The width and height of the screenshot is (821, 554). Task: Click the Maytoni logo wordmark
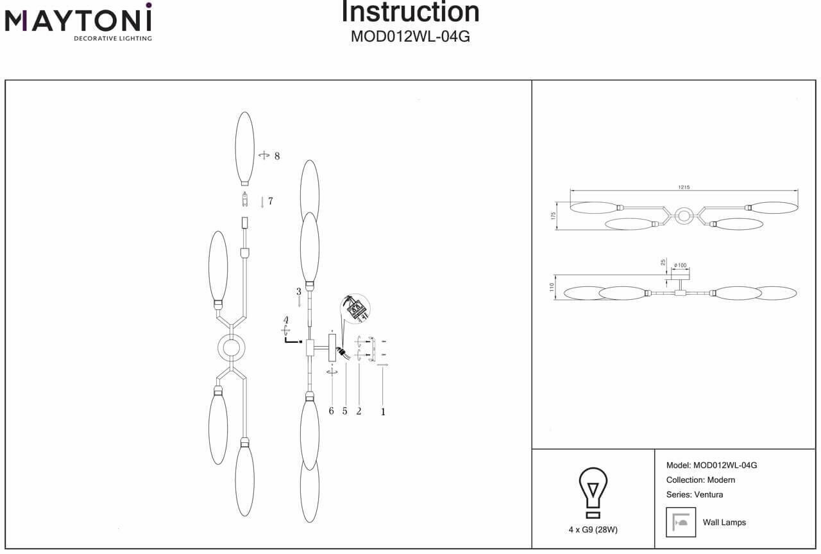click(x=78, y=21)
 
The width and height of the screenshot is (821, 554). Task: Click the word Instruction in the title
click(x=410, y=12)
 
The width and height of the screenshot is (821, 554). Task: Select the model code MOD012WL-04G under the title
click(x=410, y=37)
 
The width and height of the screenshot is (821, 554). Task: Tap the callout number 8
click(x=277, y=156)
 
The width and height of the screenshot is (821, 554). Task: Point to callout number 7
click(x=271, y=201)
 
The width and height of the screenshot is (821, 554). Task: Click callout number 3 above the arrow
click(x=299, y=292)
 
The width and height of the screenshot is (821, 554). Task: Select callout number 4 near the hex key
click(x=287, y=320)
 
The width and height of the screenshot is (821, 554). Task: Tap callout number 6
click(x=332, y=411)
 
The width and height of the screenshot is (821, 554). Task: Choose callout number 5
click(x=345, y=411)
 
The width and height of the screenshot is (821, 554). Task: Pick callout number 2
click(x=359, y=411)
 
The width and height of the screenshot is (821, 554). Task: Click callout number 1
click(x=384, y=412)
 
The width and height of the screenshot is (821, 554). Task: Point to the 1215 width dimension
click(x=684, y=187)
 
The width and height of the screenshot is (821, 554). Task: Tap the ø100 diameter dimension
click(x=681, y=265)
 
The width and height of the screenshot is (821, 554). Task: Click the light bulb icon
click(x=593, y=492)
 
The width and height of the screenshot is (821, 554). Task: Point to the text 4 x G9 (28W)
click(x=593, y=530)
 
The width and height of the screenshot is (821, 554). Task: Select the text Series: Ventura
click(x=695, y=494)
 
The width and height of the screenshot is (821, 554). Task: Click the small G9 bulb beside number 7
click(x=244, y=200)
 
